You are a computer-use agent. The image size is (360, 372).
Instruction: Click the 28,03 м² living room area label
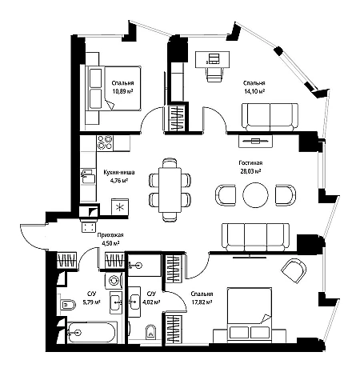(250, 171)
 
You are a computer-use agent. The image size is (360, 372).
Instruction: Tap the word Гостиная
(250, 163)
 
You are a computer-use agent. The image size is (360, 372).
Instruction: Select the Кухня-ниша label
(119, 172)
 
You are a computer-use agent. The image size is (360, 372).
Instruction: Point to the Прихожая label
(110, 235)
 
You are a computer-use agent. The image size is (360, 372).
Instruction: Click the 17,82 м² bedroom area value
(202, 302)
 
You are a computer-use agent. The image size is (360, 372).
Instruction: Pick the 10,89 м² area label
(122, 91)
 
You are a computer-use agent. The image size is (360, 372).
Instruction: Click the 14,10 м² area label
(254, 91)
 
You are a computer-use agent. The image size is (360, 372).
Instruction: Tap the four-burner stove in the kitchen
(105, 142)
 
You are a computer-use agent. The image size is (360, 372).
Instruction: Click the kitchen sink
(88, 176)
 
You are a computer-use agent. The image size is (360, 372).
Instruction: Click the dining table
(170, 190)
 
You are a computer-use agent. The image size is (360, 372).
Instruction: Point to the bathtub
(92, 332)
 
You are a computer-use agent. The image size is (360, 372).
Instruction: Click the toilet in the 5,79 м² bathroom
(68, 304)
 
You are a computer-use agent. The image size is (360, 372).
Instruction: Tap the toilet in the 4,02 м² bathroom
(151, 331)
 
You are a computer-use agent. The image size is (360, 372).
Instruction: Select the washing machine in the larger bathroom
(114, 281)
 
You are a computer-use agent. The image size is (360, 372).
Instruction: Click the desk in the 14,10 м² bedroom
(212, 59)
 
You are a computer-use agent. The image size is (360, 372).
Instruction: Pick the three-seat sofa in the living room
(255, 237)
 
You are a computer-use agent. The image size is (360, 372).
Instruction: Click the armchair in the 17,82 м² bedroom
(294, 270)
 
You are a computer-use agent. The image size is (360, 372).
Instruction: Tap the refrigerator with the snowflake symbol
(120, 206)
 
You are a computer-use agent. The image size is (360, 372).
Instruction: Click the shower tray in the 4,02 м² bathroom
(144, 265)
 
